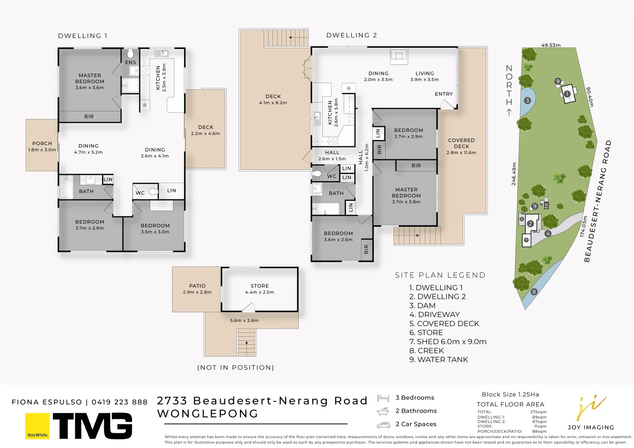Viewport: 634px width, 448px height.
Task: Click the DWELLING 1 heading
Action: tap(83, 36)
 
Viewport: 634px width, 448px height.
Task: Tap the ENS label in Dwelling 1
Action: tap(130, 62)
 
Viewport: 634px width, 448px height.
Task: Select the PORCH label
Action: tap(42, 144)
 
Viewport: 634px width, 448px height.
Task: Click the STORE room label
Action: tap(260, 286)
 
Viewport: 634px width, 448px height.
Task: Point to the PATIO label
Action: tap(197, 286)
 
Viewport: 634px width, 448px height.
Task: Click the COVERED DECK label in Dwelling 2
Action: tap(461, 143)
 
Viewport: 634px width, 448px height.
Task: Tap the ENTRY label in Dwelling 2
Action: tap(444, 94)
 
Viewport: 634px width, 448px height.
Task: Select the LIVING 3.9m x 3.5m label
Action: tap(425, 76)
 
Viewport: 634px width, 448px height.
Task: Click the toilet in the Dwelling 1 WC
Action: tap(153, 192)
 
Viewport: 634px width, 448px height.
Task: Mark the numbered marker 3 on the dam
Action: tap(527, 100)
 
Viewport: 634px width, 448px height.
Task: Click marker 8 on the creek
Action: tap(534, 292)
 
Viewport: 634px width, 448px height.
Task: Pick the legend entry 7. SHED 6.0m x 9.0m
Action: tap(447, 341)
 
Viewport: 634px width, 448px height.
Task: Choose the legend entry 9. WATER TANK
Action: tap(438, 360)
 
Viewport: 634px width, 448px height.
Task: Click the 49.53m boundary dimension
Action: tap(550, 45)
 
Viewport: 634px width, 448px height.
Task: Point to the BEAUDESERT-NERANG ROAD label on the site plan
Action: tap(598, 202)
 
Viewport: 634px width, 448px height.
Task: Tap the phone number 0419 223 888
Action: tap(120, 402)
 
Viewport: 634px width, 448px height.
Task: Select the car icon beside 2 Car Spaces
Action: tap(383, 425)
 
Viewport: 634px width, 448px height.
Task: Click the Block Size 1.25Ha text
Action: tap(510, 394)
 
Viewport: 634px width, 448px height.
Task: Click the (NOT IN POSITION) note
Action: tap(236, 368)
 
